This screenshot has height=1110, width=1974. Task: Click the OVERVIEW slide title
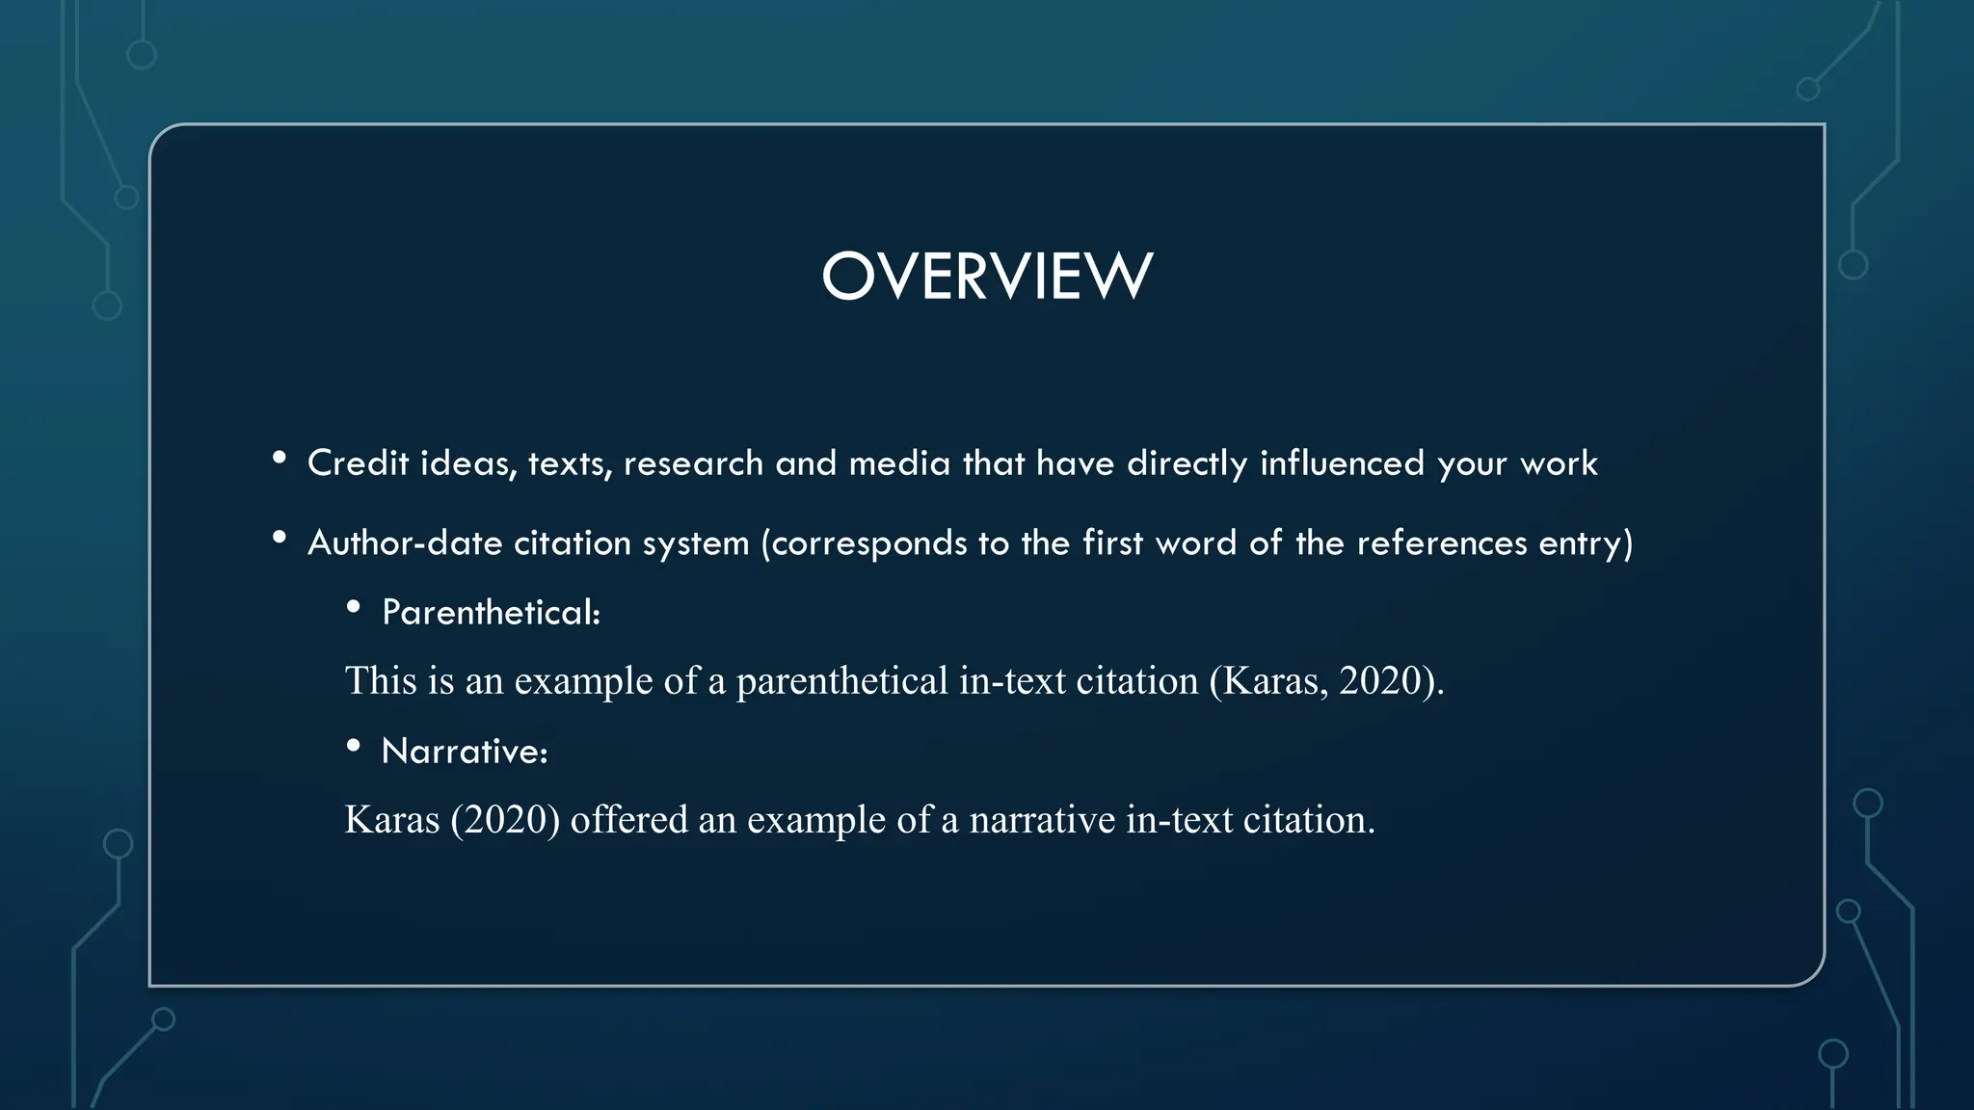986,277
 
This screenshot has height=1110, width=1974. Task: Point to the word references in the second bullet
1441,543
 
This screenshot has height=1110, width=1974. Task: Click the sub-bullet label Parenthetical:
491,613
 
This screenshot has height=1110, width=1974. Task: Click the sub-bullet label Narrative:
465,752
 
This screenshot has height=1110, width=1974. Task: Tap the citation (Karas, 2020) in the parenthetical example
1326,681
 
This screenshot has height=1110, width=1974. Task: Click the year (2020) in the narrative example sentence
505,820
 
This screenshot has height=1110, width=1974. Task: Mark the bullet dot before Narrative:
354,746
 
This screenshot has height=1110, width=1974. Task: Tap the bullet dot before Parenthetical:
354,607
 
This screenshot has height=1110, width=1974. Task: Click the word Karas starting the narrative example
392,820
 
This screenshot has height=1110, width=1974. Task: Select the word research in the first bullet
693,463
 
